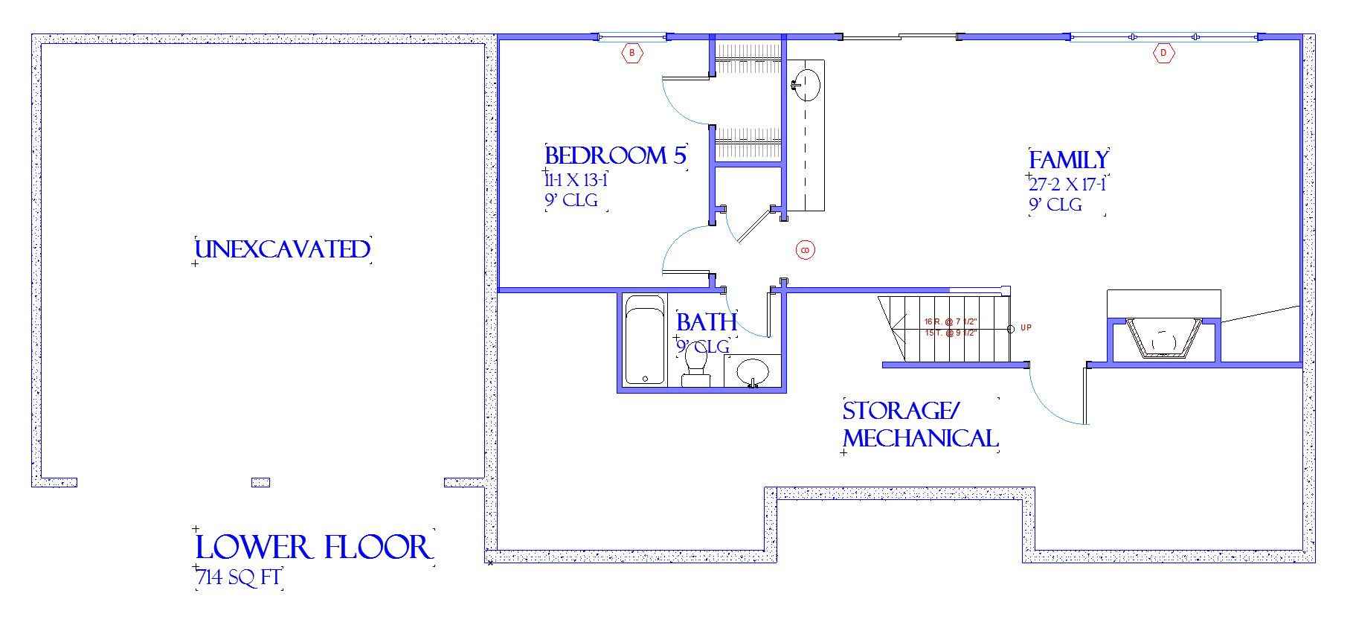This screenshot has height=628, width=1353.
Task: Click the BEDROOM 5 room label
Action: pos(615,156)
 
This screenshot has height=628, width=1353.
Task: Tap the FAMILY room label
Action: pos(1068,160)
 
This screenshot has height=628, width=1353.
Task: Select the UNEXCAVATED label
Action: pos(282,249)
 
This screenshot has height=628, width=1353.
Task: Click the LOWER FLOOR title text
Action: pos(312,548)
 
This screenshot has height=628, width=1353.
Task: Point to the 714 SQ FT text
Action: pos(239,577)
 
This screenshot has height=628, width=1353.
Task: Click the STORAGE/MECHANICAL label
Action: pos(919,425)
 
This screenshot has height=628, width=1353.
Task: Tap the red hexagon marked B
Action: pos(632,53)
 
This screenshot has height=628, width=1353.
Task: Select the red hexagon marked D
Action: pos(1163,53)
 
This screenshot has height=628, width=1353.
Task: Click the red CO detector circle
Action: pos(805,250)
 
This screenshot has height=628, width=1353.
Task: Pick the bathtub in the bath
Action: pos(644,340)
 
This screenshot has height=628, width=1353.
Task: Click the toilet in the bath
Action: pos(696,365)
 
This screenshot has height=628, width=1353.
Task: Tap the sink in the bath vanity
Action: pos(752,370)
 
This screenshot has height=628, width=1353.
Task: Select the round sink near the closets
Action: pos(806,84)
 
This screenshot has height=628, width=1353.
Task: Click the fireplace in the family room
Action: pos(1163,339)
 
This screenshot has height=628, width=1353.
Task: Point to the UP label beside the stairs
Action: pos(1026,328)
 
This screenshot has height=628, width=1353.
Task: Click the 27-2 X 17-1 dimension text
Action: pos(1067,185)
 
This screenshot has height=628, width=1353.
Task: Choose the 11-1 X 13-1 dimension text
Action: pos(576,180)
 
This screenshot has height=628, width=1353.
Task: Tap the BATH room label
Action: pos(707,322)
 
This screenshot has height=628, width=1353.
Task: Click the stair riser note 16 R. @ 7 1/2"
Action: pos(951,321)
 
